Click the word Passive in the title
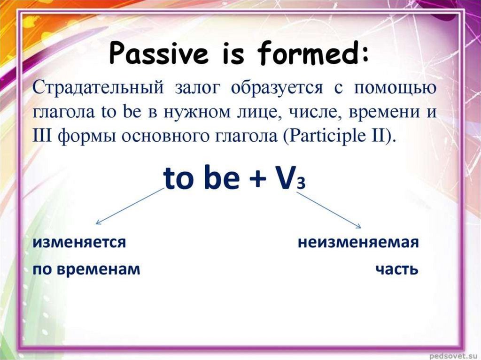point(158,54)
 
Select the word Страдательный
point(98,88)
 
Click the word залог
point(198,89)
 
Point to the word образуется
point(277,88)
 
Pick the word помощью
point(395,89)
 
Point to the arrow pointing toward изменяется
point(130,206)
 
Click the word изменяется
point(79,243)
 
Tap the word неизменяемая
point(358,243)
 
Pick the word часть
point(397,270)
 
